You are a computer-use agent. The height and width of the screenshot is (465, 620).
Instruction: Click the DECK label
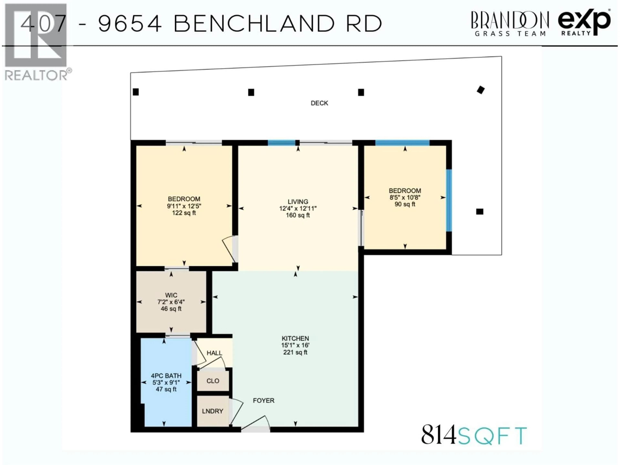[x=319, y=103]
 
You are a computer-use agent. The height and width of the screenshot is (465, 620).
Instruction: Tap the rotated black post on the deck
[x=481, y=90]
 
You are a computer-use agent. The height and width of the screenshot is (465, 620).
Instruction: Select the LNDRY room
[x=212, y=411]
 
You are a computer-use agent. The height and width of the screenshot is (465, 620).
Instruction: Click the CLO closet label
[x=213, y=381]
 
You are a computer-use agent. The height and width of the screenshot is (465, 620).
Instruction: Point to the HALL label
[x=214, y=353]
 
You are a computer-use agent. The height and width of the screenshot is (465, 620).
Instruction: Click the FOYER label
[x=263, y=401]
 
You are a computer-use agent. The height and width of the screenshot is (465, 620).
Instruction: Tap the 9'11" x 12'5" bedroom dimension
[x=184, y=206]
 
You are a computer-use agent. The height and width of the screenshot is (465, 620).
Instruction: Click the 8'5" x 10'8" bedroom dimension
[x=405, y=198]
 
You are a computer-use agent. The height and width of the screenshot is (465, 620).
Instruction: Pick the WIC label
[x=171, y=295]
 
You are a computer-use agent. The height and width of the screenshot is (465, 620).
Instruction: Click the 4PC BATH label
[x=166, y=376]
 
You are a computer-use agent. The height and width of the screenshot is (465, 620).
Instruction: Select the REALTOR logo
[x=36, y=42]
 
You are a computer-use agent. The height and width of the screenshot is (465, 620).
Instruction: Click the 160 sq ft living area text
[x=298, y=215]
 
